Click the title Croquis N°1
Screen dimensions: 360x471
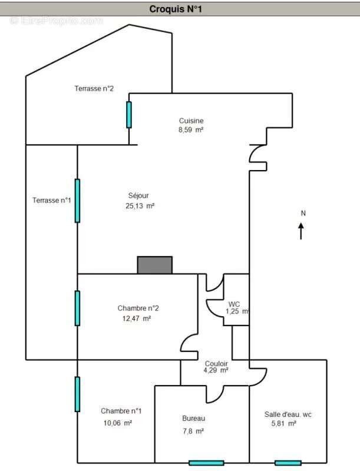176,9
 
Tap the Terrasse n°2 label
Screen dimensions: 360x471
94,89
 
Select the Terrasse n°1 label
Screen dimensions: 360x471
52,200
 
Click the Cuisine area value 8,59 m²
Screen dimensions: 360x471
191,130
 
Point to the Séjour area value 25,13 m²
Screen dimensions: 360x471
140,206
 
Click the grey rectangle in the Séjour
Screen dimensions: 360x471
155,265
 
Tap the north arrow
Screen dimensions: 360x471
301,231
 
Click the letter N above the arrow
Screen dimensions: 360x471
303,213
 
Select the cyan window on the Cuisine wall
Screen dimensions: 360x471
129,115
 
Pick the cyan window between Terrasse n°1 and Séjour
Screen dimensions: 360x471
77,201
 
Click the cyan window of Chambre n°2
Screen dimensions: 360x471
77,308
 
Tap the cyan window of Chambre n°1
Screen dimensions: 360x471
77,394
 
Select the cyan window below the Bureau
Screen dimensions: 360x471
206,463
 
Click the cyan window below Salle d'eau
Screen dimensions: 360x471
288,463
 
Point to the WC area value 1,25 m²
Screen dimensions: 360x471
237,311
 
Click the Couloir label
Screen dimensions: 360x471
216,364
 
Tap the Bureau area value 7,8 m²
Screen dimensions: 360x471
193,432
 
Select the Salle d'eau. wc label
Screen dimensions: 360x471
288,414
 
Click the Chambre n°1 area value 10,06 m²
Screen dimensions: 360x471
118,423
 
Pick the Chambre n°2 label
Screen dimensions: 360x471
138,308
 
